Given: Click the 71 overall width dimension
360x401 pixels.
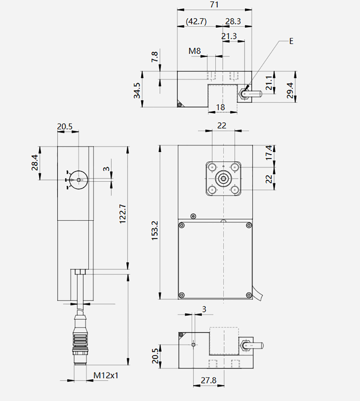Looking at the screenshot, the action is (214, 5).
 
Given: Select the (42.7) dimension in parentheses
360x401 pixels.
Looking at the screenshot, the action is (196, 22).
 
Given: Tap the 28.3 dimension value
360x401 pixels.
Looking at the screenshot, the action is (233, 21).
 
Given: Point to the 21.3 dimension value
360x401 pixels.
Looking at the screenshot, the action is (229, 36).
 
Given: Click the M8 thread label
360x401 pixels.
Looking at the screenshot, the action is (194, 51).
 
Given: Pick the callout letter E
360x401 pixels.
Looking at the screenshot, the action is (291, 41).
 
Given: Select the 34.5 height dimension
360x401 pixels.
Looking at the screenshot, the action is (137, 90).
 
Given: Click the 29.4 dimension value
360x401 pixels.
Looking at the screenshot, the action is (290, 90).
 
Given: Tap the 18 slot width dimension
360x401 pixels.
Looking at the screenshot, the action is (220, 107).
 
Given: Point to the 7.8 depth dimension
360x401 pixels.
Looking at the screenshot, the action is (155, 57).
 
